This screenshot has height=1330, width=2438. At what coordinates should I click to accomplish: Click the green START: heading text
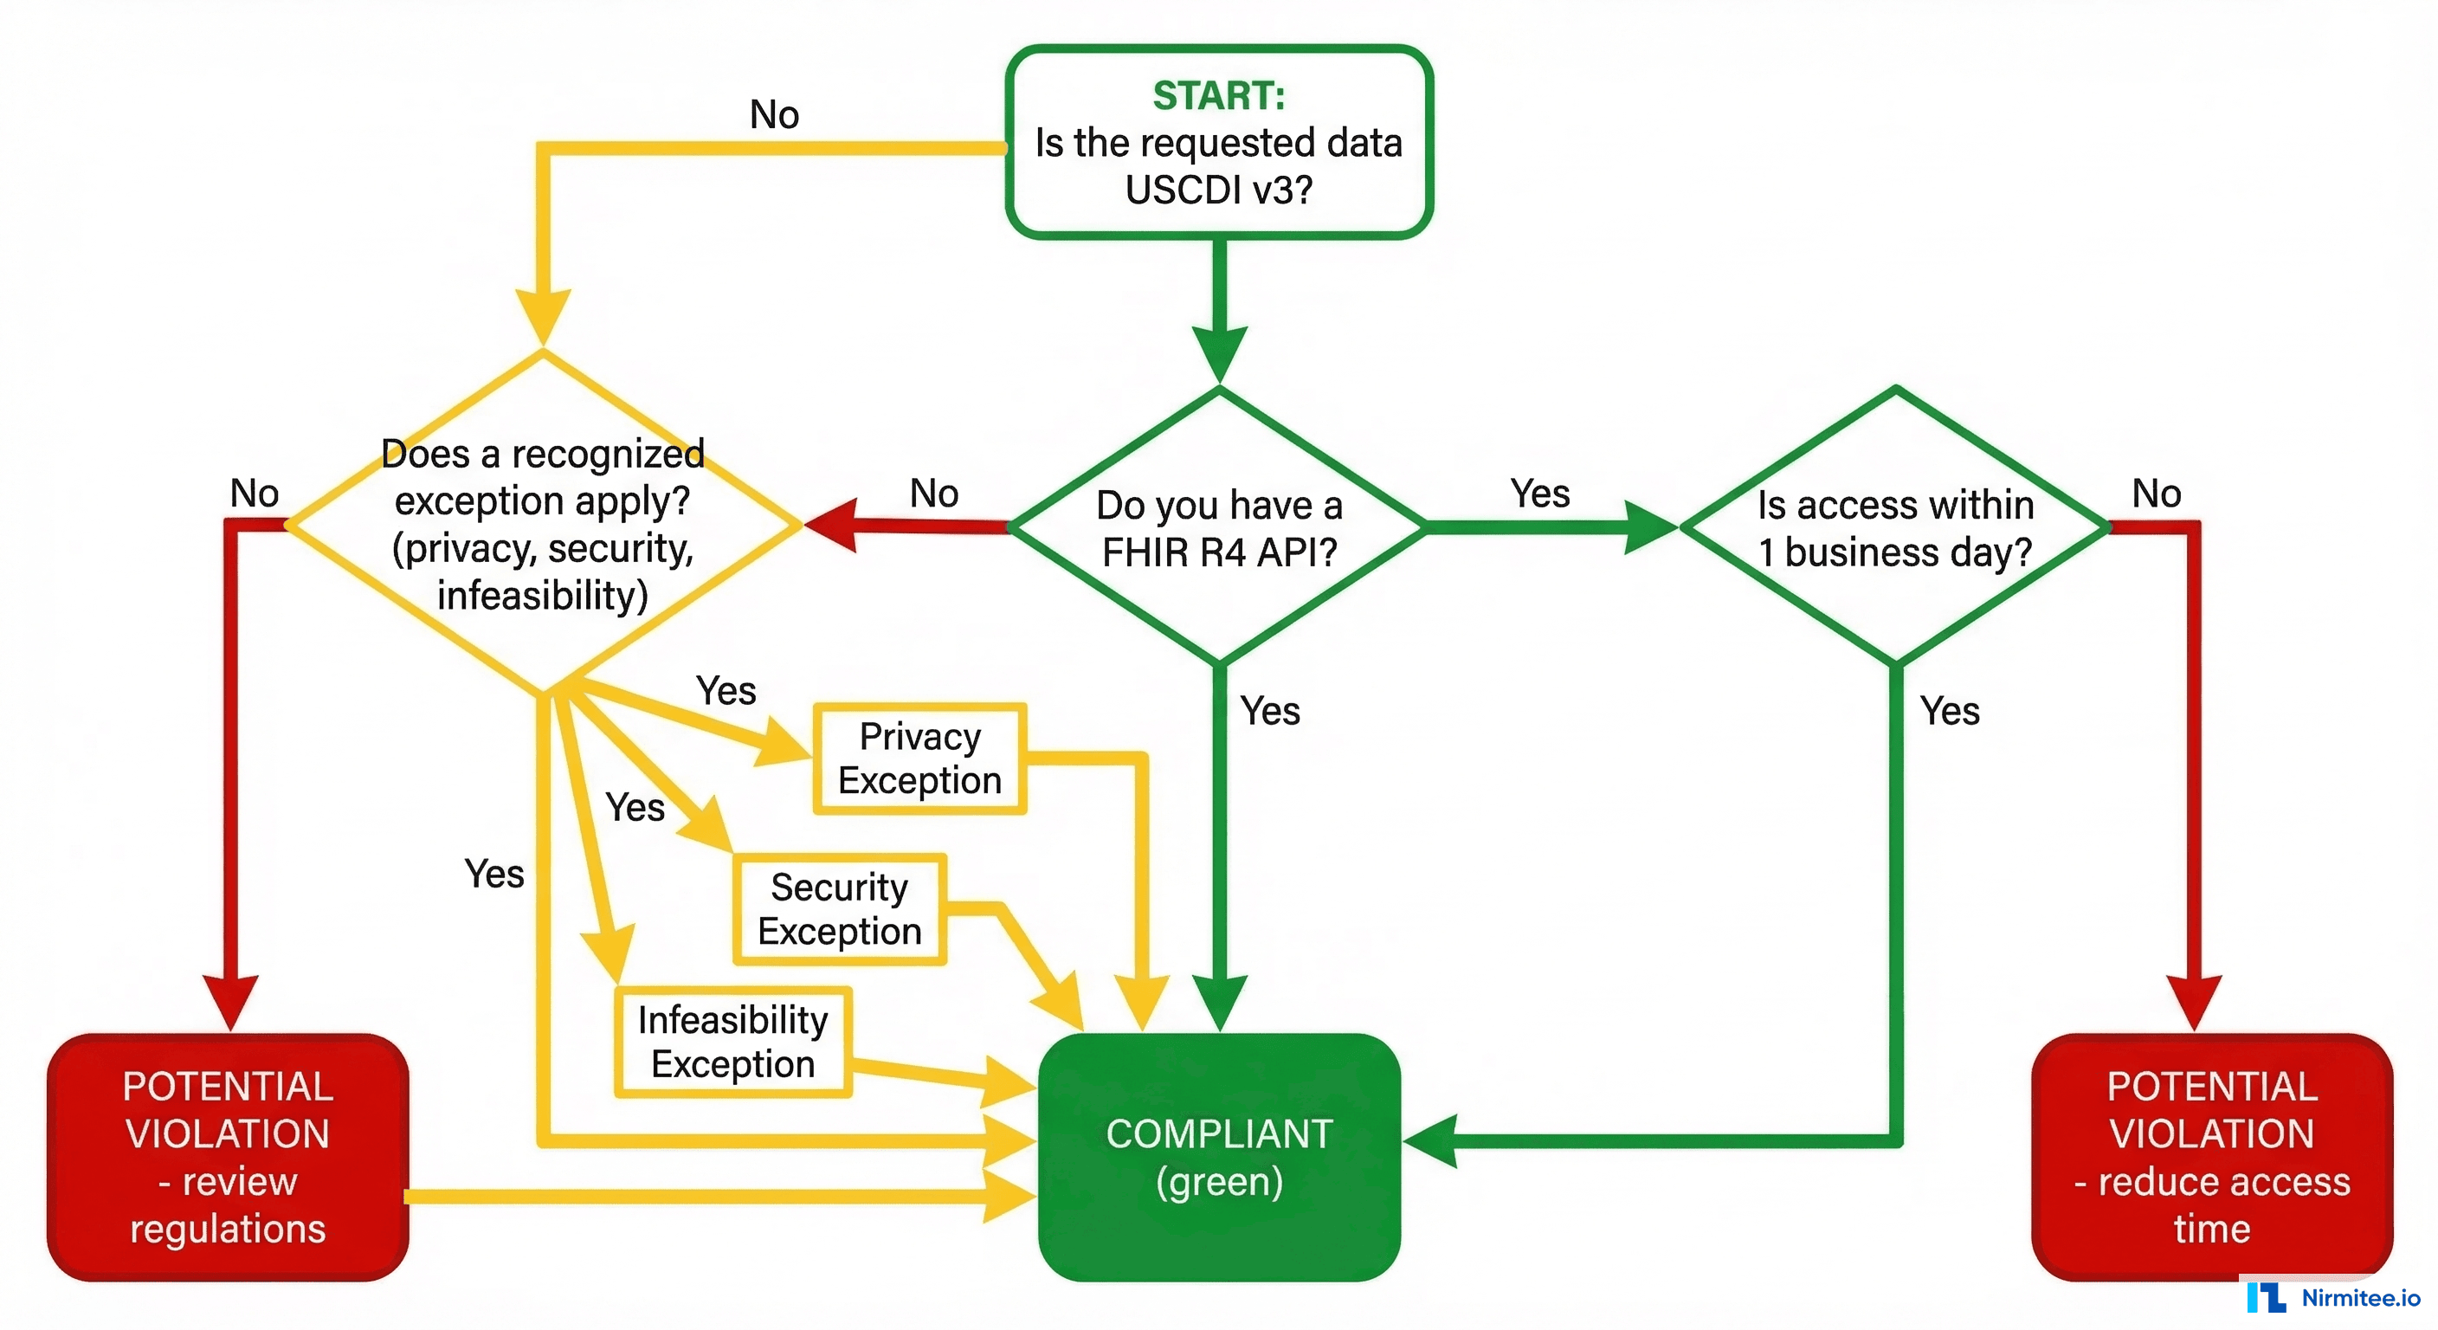click(x=1218, y=95)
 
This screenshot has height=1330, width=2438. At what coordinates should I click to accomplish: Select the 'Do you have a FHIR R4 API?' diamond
click(x=1218, y=527)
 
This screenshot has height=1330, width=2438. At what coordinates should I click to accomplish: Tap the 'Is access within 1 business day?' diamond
click(x=1895, y=527)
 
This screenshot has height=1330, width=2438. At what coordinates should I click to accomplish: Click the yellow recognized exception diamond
click(x=542, y=524)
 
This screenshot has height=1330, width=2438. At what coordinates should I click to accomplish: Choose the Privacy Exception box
click(x=919, y=759)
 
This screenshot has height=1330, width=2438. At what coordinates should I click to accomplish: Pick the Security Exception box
click(x=839, y=909)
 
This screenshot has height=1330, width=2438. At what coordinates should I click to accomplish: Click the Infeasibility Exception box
click(x=732, y=1042)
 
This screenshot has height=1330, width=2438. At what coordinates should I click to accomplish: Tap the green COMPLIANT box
click(x=1218, y=1157)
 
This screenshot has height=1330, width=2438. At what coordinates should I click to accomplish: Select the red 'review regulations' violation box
click(x=227, y=1157)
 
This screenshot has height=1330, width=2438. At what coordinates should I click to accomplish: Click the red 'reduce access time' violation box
click(x=2211, y=1157)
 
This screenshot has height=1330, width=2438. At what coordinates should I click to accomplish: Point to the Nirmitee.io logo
click(x=2333, y=1297)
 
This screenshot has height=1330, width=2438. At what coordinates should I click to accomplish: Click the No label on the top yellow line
click(x=774, y=114)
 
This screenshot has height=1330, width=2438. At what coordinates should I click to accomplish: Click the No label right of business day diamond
click(x=2156, y=494)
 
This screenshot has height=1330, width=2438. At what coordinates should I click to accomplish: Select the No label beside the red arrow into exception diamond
click(x=934, y=494)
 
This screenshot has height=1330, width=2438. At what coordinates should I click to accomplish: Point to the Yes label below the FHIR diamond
click(x=1270, y=711)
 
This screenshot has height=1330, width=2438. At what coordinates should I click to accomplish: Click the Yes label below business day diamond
click(x=1950, y=711)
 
